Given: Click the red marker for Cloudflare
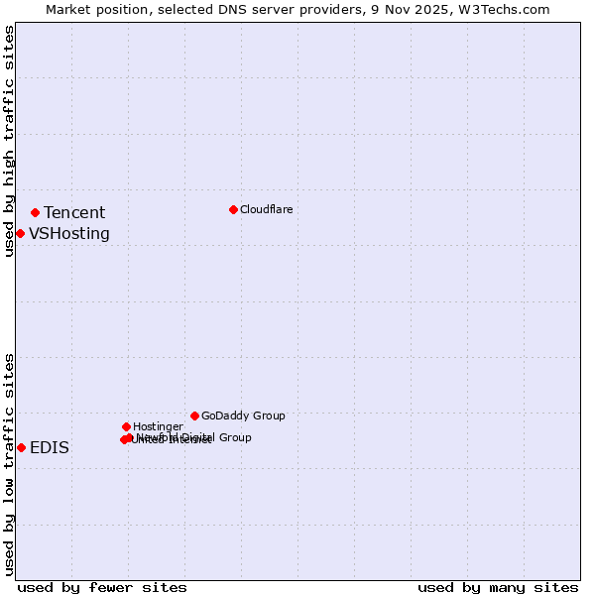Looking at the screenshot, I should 233,209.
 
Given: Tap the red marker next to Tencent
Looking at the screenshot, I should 35,212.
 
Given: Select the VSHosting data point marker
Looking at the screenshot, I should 20,233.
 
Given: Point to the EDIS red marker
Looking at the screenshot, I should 21,447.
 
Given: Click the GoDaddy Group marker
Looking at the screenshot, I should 194,416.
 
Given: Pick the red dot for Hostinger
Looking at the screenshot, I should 126,426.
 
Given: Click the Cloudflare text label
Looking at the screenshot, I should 266,209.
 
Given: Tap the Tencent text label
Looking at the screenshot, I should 74,212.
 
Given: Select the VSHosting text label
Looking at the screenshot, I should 69,234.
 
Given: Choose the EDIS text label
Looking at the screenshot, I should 50,447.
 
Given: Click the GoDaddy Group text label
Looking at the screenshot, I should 243,416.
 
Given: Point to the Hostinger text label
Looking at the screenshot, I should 158,426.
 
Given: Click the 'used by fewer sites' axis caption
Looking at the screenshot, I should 102,587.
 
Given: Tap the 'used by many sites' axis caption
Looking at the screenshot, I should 498,587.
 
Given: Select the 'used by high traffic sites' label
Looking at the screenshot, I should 9,141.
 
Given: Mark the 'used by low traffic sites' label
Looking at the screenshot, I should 9,463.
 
